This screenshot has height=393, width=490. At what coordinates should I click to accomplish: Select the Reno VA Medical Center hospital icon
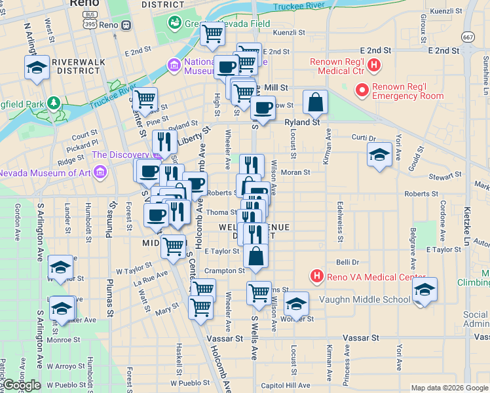(x=317, y=276)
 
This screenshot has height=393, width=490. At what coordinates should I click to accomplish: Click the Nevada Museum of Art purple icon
(x=100, y=173)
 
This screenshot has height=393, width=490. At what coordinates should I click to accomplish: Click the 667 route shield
(x=468, y=38)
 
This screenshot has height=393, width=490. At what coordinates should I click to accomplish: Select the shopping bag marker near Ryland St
(x=315, y=102)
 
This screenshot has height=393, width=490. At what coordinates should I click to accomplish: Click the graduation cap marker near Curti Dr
(x=379, y=156)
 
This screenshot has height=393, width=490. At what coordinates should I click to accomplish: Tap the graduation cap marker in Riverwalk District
(x=37, y=67)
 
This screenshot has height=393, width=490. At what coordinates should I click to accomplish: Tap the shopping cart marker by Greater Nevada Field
(x=212, y=34)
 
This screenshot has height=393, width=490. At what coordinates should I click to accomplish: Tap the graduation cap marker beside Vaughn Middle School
(x=424, y=290)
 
